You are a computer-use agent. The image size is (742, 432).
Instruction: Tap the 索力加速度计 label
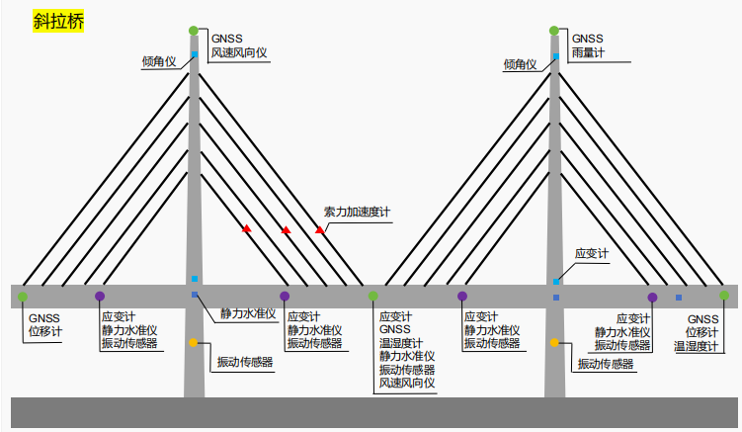pos(358,211)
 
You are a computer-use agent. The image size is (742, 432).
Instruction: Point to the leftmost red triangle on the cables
pos(247,229)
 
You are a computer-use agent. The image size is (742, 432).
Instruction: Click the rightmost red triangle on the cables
pos(320,229)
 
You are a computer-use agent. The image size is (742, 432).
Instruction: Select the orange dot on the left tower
pos(194,343)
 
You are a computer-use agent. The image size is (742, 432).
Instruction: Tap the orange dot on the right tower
pos(554,343)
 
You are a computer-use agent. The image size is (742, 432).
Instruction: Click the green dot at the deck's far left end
pos(22,296)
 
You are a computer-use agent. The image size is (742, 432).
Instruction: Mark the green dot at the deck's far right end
pos(724,296)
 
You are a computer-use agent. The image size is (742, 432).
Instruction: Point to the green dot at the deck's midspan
pos(373,296)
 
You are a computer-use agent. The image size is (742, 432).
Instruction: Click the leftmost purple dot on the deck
pos(100,296)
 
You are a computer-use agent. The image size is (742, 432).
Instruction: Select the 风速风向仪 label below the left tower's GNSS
pos(239,52)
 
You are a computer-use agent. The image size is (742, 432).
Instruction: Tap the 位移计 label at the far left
pos(45,331)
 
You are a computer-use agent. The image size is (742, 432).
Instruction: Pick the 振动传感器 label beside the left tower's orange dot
pos(245,362)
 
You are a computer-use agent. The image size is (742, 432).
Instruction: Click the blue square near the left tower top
pos(195,52)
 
